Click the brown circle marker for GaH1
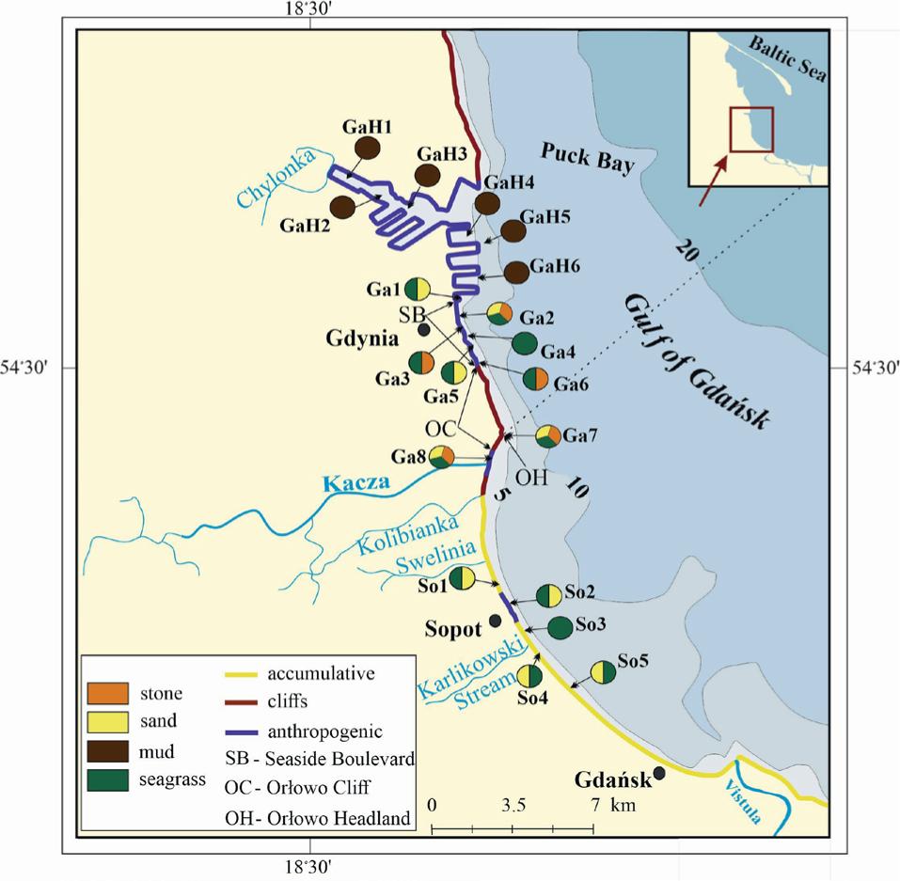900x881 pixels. coord(366,149)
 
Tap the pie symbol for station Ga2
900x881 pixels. coord(499,314)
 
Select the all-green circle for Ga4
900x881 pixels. coord(525,343)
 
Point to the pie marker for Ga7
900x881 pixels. coord(548,436)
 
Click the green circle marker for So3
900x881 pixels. coord(560,628)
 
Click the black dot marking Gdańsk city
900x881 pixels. coord(659,773)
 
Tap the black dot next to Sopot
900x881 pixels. coord(495,621)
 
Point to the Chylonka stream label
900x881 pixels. coord(285,176)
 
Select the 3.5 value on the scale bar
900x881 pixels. coord(513,806)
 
